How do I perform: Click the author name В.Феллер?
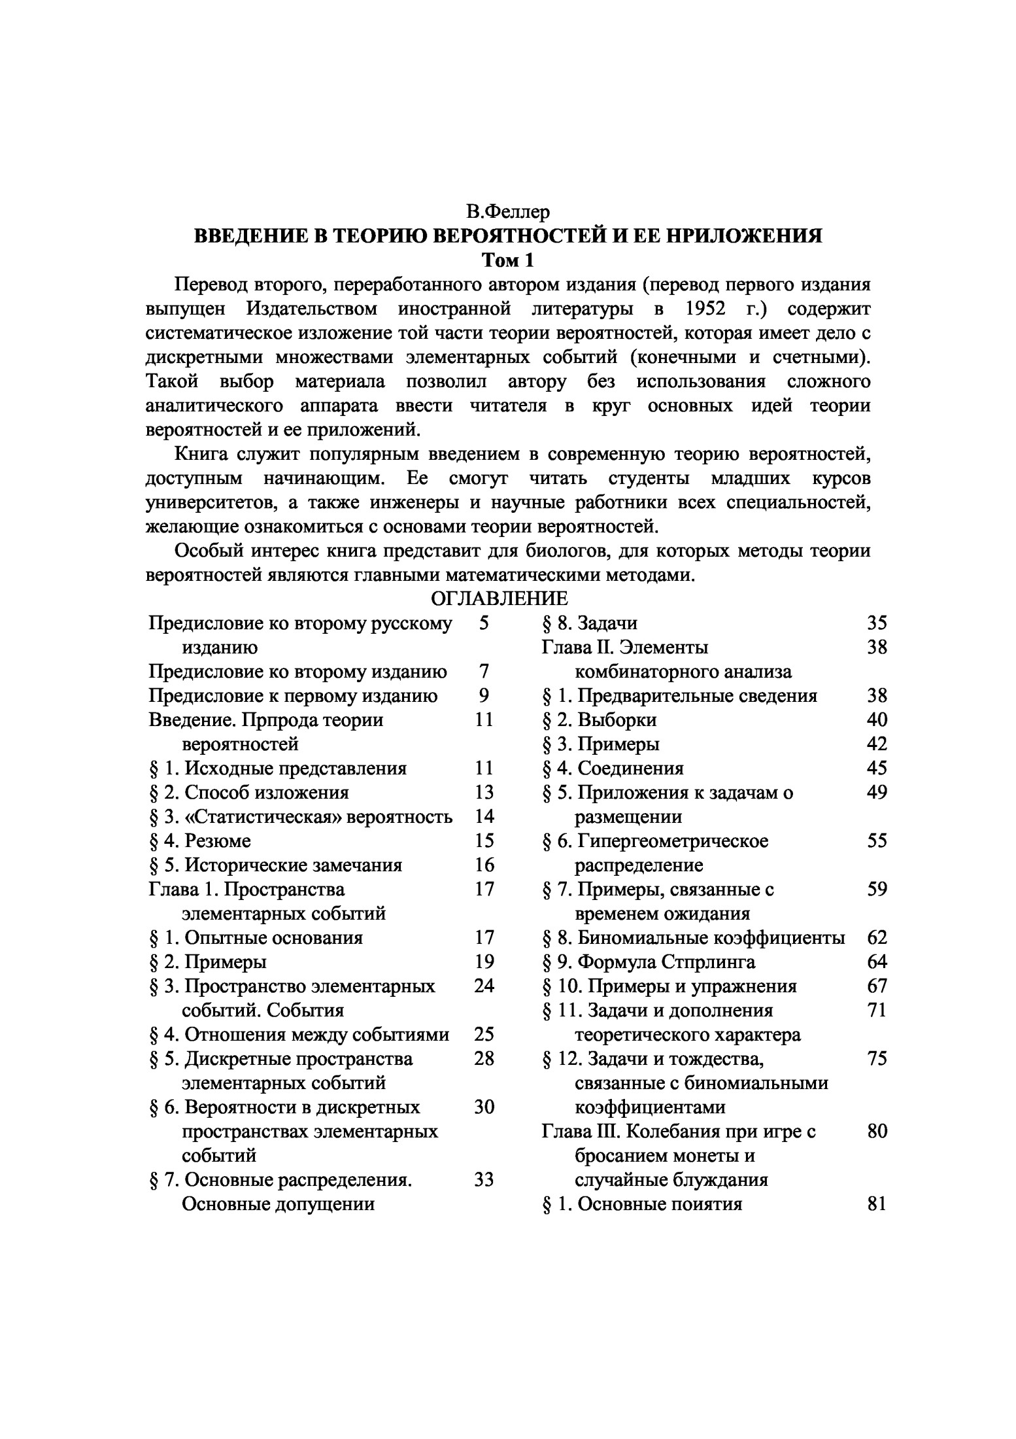(x=508, y=212)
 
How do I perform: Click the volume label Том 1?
(x=508, y=260)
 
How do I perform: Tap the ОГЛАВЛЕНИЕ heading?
(x=500, y=598)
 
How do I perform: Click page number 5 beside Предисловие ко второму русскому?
(x=483, y=623)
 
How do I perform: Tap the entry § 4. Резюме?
(x=201, y=841)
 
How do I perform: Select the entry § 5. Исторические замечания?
(x=276, y=865)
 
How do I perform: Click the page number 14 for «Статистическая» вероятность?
(x=484, y=816)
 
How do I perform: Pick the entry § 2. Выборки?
(x=600, y=720)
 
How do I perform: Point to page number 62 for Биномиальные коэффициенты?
(x=877, y=938)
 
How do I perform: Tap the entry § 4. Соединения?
(x=613, y=769)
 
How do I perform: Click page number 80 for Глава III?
(x=877, y=1132)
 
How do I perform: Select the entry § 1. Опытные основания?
(x=256, y=938)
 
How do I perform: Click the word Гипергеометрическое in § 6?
(x=673, y=841)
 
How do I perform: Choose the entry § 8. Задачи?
(x=590, y=623)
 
